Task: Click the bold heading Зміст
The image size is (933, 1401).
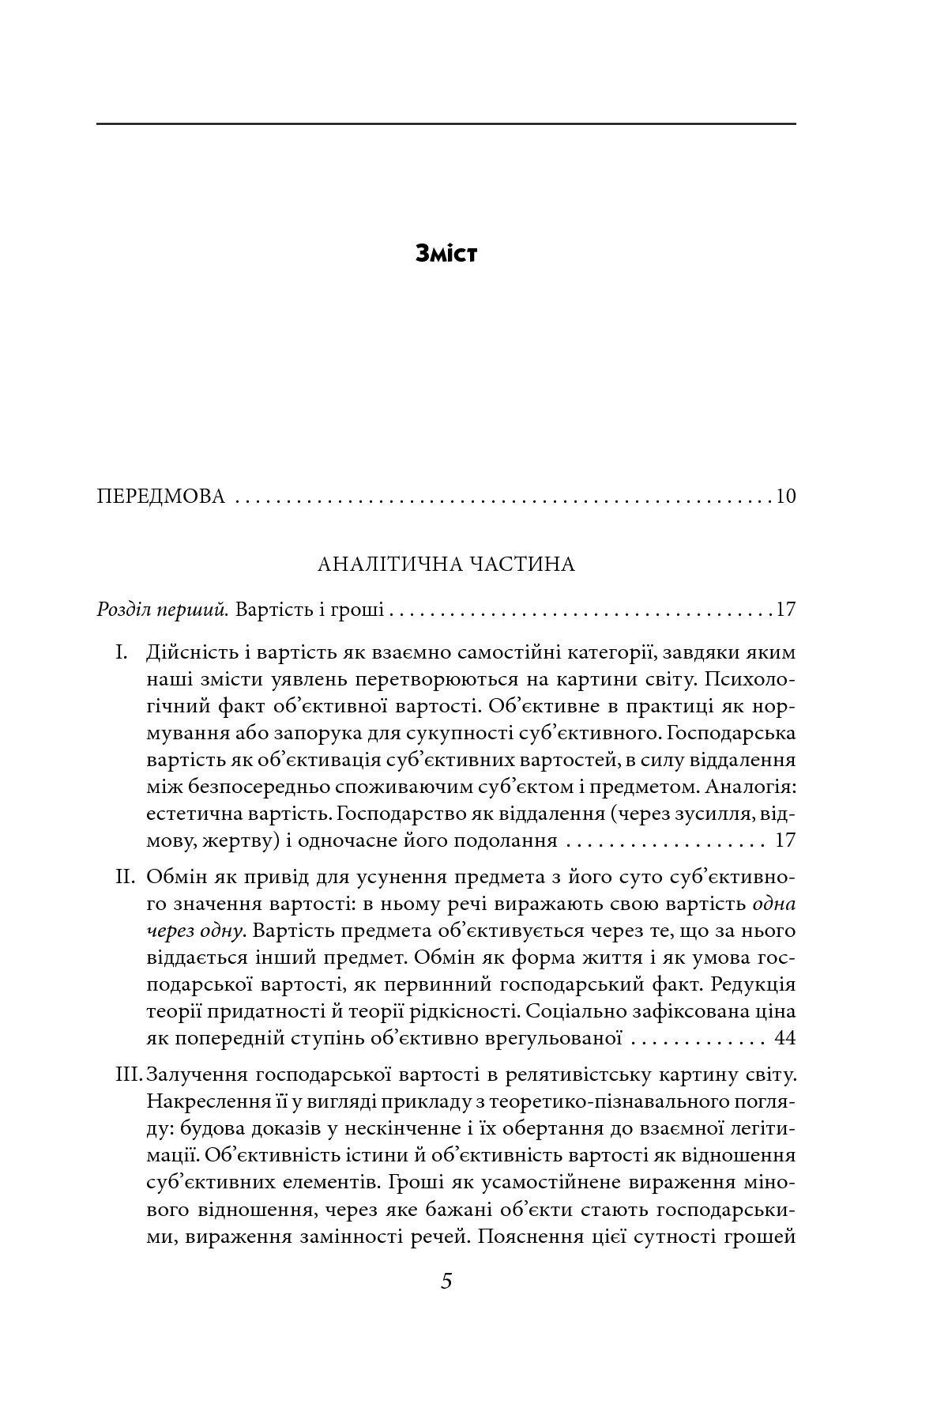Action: click(446, 255)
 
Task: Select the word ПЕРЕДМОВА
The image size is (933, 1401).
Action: click(160, 497)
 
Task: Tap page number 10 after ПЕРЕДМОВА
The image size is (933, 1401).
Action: click(785, 497)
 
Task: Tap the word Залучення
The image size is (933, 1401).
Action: click(196, 1075)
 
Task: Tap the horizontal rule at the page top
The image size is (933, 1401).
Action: click(446, 124)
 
